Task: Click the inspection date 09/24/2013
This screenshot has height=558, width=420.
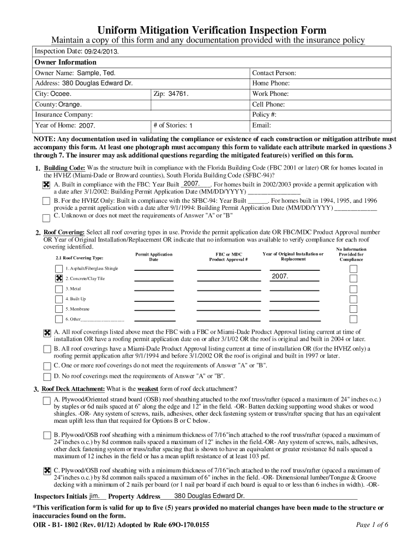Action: pyautogui.click(x=101, y=51)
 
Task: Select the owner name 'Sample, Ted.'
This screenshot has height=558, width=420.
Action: pyautogui.click(x=95, y=73)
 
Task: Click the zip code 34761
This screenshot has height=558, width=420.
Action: pyautogui.click(x=178, y=94)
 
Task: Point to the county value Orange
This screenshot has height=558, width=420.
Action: pyautogui.click(x=70, y=104)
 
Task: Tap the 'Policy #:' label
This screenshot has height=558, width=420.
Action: pyautogui.click(x=264, y=114)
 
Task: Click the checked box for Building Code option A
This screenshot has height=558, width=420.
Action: pyautogui.click(x=47, y=185)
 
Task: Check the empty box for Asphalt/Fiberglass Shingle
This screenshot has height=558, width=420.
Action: pyautogui.click(x=59, y=269)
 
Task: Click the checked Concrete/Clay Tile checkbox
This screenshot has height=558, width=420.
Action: pyautogui.click(x=59, y=278)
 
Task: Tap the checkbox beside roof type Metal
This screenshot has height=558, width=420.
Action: pyautogui.click(x=59, y=289)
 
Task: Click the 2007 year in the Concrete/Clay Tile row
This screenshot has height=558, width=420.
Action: pyautogui.click(x=280, y=277)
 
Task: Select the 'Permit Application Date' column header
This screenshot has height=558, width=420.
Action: pyautogui.click(x=153, y=257)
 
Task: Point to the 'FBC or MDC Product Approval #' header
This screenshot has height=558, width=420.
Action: pyautogui.click(x=229, y=257)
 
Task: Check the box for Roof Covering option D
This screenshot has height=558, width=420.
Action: pyautogui.click(x=47, y=377)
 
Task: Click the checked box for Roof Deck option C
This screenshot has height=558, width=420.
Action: pyautogui.click(x=47, y=471)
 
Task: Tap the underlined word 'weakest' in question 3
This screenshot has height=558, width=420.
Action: pyautogui.click(x=147, y=389)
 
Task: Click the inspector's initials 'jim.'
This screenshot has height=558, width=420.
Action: pyautogui.click(x=94, y=496)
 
